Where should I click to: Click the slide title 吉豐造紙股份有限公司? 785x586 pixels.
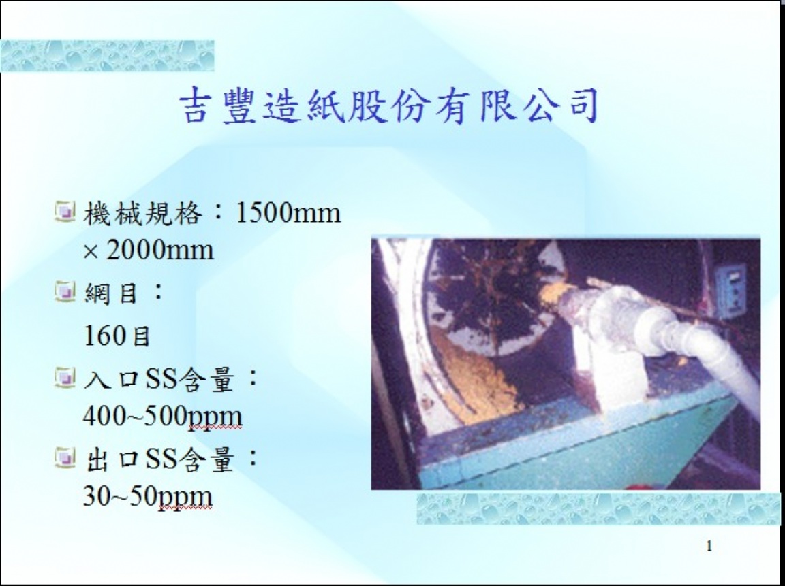(x=388, y=105)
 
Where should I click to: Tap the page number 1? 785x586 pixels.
(x=709, y=546)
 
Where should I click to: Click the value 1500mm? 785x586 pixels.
(x=288, y=212)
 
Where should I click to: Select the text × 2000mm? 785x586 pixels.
(x=149, y=250)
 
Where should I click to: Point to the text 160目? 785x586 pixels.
(x=117, y=336)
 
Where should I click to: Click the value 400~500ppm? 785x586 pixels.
(x=163, y=416)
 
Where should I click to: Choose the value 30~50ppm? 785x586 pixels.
(x=148, y=496)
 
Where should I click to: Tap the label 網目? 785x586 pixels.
(x=110, y=293)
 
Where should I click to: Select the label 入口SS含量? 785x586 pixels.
(x=159, y=379)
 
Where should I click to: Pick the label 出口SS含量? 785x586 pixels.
(x=159, y=459)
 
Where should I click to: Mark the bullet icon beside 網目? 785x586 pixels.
(x=65, y=291)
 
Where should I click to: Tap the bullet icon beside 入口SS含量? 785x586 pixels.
(x=65, y=377)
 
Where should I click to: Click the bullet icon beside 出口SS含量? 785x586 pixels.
(x=65, y=457)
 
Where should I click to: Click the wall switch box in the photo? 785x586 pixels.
(x=730, y=292)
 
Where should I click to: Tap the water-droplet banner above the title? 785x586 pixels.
(x=107, y=56)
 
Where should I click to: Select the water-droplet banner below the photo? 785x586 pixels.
(x=598, y=508)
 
